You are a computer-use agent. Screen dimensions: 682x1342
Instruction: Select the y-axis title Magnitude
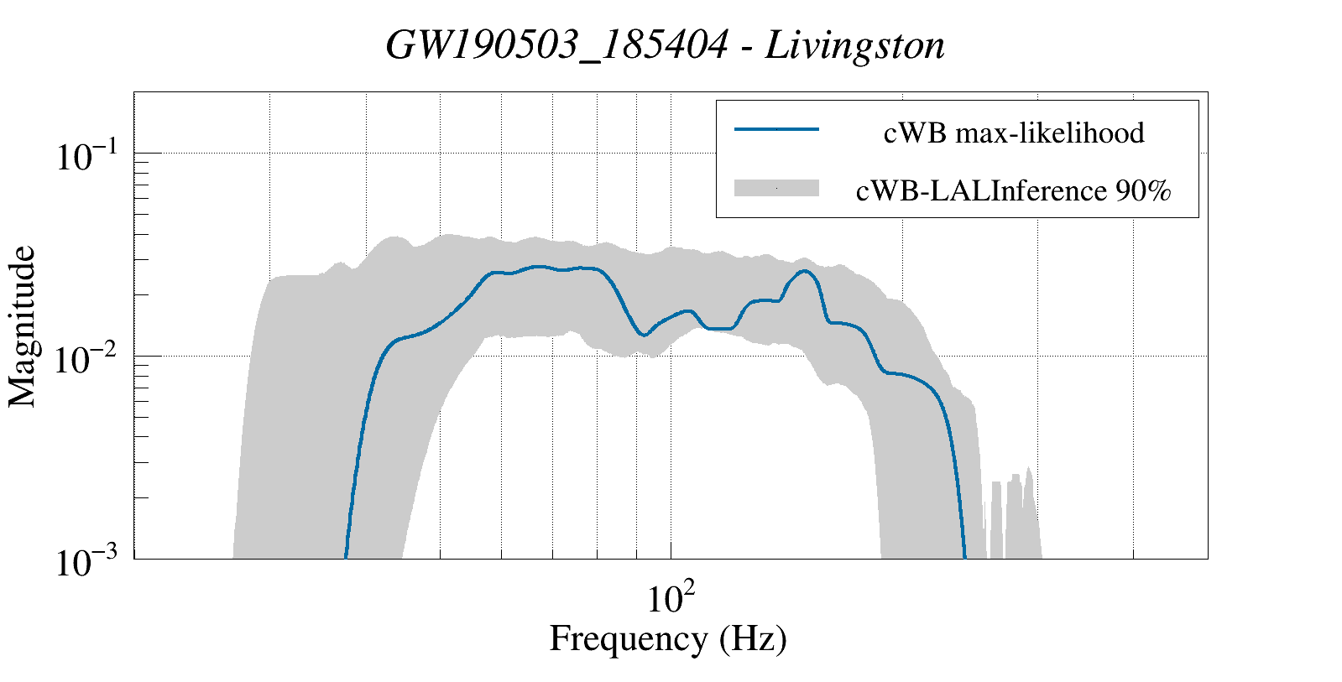pos(23,326)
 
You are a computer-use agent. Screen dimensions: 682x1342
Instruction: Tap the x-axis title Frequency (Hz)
pos(668,638)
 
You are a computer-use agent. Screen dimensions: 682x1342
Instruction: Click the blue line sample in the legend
pos(776,129)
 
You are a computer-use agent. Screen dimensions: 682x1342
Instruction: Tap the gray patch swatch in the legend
pos(776,189)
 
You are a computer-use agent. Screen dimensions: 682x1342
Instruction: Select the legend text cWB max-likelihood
pos(1014,133)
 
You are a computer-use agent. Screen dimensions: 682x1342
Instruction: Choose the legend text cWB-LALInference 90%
pos(1013,192)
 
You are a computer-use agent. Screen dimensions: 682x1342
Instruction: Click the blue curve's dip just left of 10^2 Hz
pos(643,335)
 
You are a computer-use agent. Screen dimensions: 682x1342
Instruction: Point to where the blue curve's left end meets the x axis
pos(346,556)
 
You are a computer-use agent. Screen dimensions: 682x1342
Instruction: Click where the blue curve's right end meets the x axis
pos(964,556)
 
